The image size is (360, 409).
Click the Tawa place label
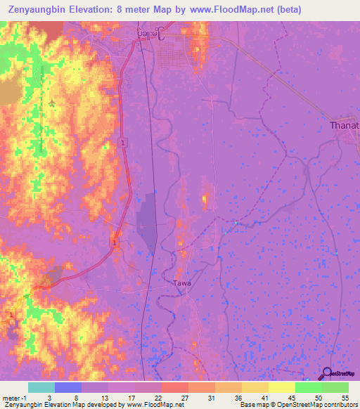181,283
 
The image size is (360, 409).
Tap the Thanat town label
345,126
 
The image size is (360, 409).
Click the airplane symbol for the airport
53,104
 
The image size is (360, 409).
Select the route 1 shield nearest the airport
123,143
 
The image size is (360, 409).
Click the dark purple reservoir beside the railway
146,221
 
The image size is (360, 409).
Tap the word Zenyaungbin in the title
36,10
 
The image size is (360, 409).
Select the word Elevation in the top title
99,10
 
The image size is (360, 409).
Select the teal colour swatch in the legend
41,387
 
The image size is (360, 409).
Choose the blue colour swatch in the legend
68,387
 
